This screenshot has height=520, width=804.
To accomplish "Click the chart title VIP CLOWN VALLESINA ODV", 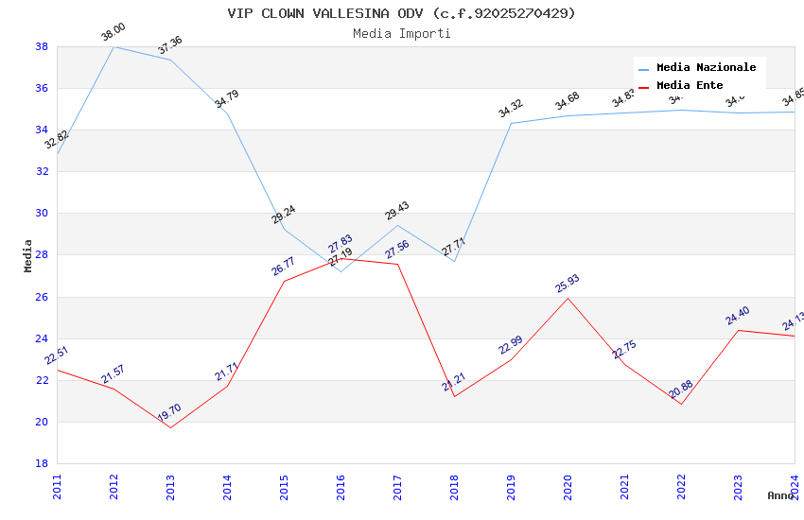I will coord(401,13).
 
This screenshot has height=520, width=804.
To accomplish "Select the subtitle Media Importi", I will coord(401,33).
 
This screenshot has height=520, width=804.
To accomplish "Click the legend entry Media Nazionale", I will coord(706,68).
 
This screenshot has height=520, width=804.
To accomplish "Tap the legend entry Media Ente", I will coord(690,85).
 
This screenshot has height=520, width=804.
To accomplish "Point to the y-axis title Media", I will coord(28,255).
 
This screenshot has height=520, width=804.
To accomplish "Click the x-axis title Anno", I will coord(780,495).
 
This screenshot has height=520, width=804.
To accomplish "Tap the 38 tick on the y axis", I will coord(42,46).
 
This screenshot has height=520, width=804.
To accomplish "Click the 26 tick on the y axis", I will coord(42,297).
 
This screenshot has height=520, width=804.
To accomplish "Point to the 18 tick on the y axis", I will coord(42,463).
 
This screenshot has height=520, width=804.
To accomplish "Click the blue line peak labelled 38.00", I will coord(114,46).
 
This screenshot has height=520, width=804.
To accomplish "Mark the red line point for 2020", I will coord(568,298).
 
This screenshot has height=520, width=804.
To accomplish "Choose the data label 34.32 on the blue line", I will coord(511,109).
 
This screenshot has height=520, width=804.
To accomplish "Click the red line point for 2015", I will coord(284,281).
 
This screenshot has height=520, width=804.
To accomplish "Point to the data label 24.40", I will coord(738,316).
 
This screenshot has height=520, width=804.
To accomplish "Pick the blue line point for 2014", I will coord(227,113).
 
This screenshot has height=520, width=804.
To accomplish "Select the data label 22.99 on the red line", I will coord(511,345).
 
